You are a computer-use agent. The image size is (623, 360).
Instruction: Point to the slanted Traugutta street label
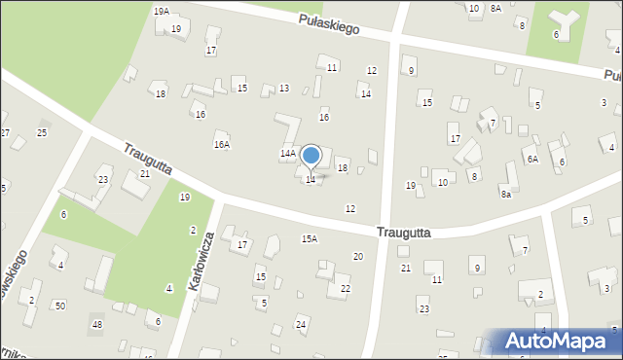pyautogui.click(x=147, y=160)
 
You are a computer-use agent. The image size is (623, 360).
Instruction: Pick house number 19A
pyautogui.click(x=162, y=10)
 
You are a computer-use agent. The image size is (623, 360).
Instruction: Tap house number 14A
pyautogui.click(x=288, y=154)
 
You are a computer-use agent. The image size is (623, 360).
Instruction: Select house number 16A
pyautogui.click(x=222, y=144)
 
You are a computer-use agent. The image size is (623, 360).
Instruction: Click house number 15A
pyautogui.click(x=310, y=238)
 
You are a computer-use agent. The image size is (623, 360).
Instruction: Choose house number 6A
pyautogui.click(x=531, y=159)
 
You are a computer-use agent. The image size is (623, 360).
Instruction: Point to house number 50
pyautogui.click(x=60, y=306)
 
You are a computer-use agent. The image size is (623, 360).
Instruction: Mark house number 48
pyautogui.click(x=96, y=324)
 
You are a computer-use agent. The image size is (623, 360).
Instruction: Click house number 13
pyautogui.click(x=283, y=89)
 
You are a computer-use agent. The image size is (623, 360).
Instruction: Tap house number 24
pyautogui.click(x=301, y=323)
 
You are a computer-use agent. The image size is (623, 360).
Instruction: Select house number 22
pyautogui.click(x=346, y=289)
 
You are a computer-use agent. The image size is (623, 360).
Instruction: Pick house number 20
pyautogui.click(x=358, y=256)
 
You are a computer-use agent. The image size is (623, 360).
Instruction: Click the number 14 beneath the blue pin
pyautogui.click(x=311, y=180)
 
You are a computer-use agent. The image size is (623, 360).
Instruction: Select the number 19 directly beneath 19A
pyautogui.click(x=176, y=29)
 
